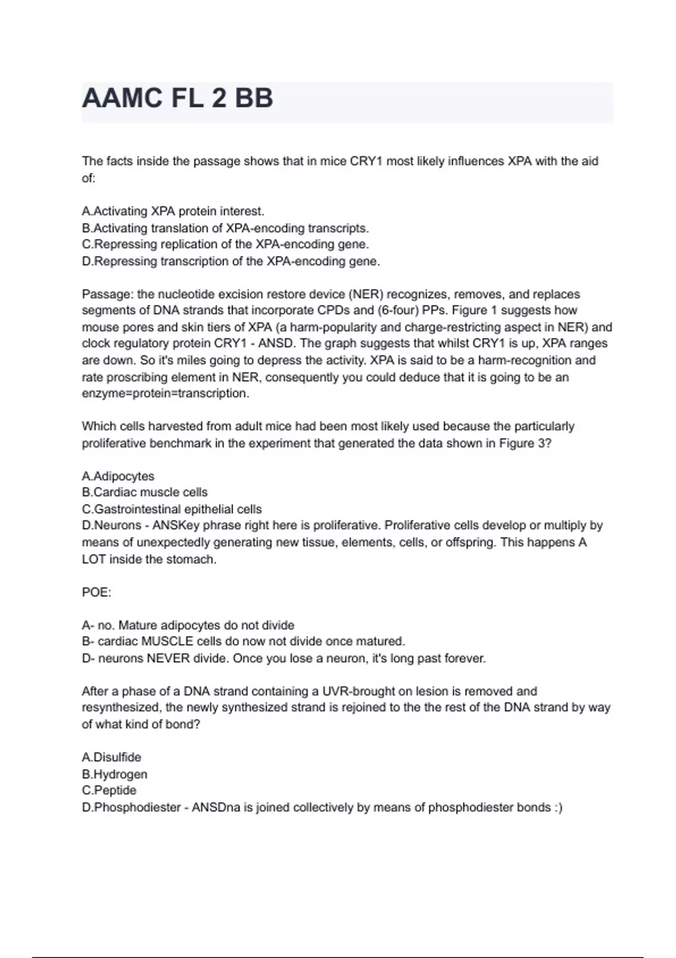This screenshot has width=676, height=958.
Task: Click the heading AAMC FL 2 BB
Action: (177, 99)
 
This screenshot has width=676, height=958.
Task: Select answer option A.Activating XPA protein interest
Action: (173, 211)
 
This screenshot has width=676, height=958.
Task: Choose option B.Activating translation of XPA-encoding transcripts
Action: (225, 228)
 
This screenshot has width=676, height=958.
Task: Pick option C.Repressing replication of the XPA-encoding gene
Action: (225, 245)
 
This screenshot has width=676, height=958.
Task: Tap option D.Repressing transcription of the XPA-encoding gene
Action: (231, 261)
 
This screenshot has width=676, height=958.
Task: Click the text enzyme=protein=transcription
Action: (165, 393)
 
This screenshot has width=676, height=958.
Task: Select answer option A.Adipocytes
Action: (118, 476)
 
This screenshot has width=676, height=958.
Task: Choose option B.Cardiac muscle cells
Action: (145, 493)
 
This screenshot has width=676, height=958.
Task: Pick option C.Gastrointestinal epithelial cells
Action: (172, 509)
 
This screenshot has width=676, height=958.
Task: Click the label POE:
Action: (96, 592)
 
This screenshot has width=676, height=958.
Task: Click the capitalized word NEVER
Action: (168, 658)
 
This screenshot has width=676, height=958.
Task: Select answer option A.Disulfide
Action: (112, 757)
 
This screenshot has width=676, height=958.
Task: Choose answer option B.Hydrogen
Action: (114, 774)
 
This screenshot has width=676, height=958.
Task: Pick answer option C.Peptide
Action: (109, 791)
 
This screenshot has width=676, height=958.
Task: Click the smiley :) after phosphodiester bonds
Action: (558, 808)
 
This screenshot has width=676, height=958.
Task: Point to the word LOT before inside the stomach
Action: (94, 560)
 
